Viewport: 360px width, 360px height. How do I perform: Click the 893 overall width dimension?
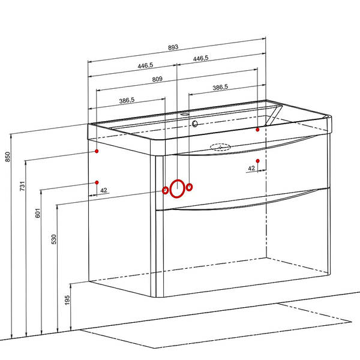tap(173, 47)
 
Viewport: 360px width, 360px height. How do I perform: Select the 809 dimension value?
tap(157, 79)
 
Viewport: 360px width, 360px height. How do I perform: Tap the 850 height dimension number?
tap(8, 157)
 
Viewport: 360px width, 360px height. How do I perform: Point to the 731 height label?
tap(22, 186)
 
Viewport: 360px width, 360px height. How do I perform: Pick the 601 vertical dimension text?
tap(38, 213)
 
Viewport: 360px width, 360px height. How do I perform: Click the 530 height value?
tap(54, 239)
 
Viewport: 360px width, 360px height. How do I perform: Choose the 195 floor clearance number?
tap(67, 300)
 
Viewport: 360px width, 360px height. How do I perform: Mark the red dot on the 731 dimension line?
tap(97, 151)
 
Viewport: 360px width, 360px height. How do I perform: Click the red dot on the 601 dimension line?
tap(97, 182)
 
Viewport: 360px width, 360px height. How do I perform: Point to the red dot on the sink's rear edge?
tap(257, 130)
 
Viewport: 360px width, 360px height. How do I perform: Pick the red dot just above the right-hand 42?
tap(257, 161)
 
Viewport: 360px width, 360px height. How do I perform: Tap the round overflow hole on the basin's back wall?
tap(194, 124)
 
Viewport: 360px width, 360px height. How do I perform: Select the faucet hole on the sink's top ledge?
tap(184, 114)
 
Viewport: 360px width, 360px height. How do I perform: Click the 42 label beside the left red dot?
tap(104, 190)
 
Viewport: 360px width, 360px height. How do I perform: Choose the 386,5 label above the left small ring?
tap(127, 101)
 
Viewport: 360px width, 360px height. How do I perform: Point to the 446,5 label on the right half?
tap(200, 58)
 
